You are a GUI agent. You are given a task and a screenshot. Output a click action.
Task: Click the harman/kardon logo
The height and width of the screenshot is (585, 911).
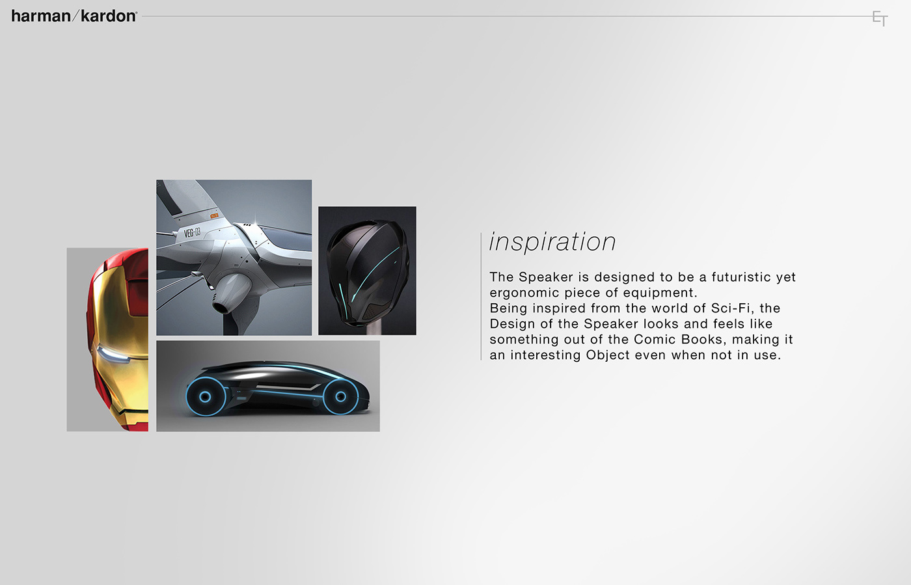pos(74,16)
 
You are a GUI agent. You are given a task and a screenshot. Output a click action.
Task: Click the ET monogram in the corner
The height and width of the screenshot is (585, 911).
pos(880,18)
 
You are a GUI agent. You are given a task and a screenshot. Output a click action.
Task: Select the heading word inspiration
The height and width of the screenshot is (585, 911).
pos(552,242)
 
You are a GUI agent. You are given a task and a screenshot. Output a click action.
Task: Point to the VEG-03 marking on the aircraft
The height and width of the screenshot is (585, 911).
pos(192,232)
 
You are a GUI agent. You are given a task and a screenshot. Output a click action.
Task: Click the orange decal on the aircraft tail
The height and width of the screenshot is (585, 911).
pos(214,215)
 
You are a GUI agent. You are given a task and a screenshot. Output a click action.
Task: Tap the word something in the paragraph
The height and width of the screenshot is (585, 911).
pos(524,340)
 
